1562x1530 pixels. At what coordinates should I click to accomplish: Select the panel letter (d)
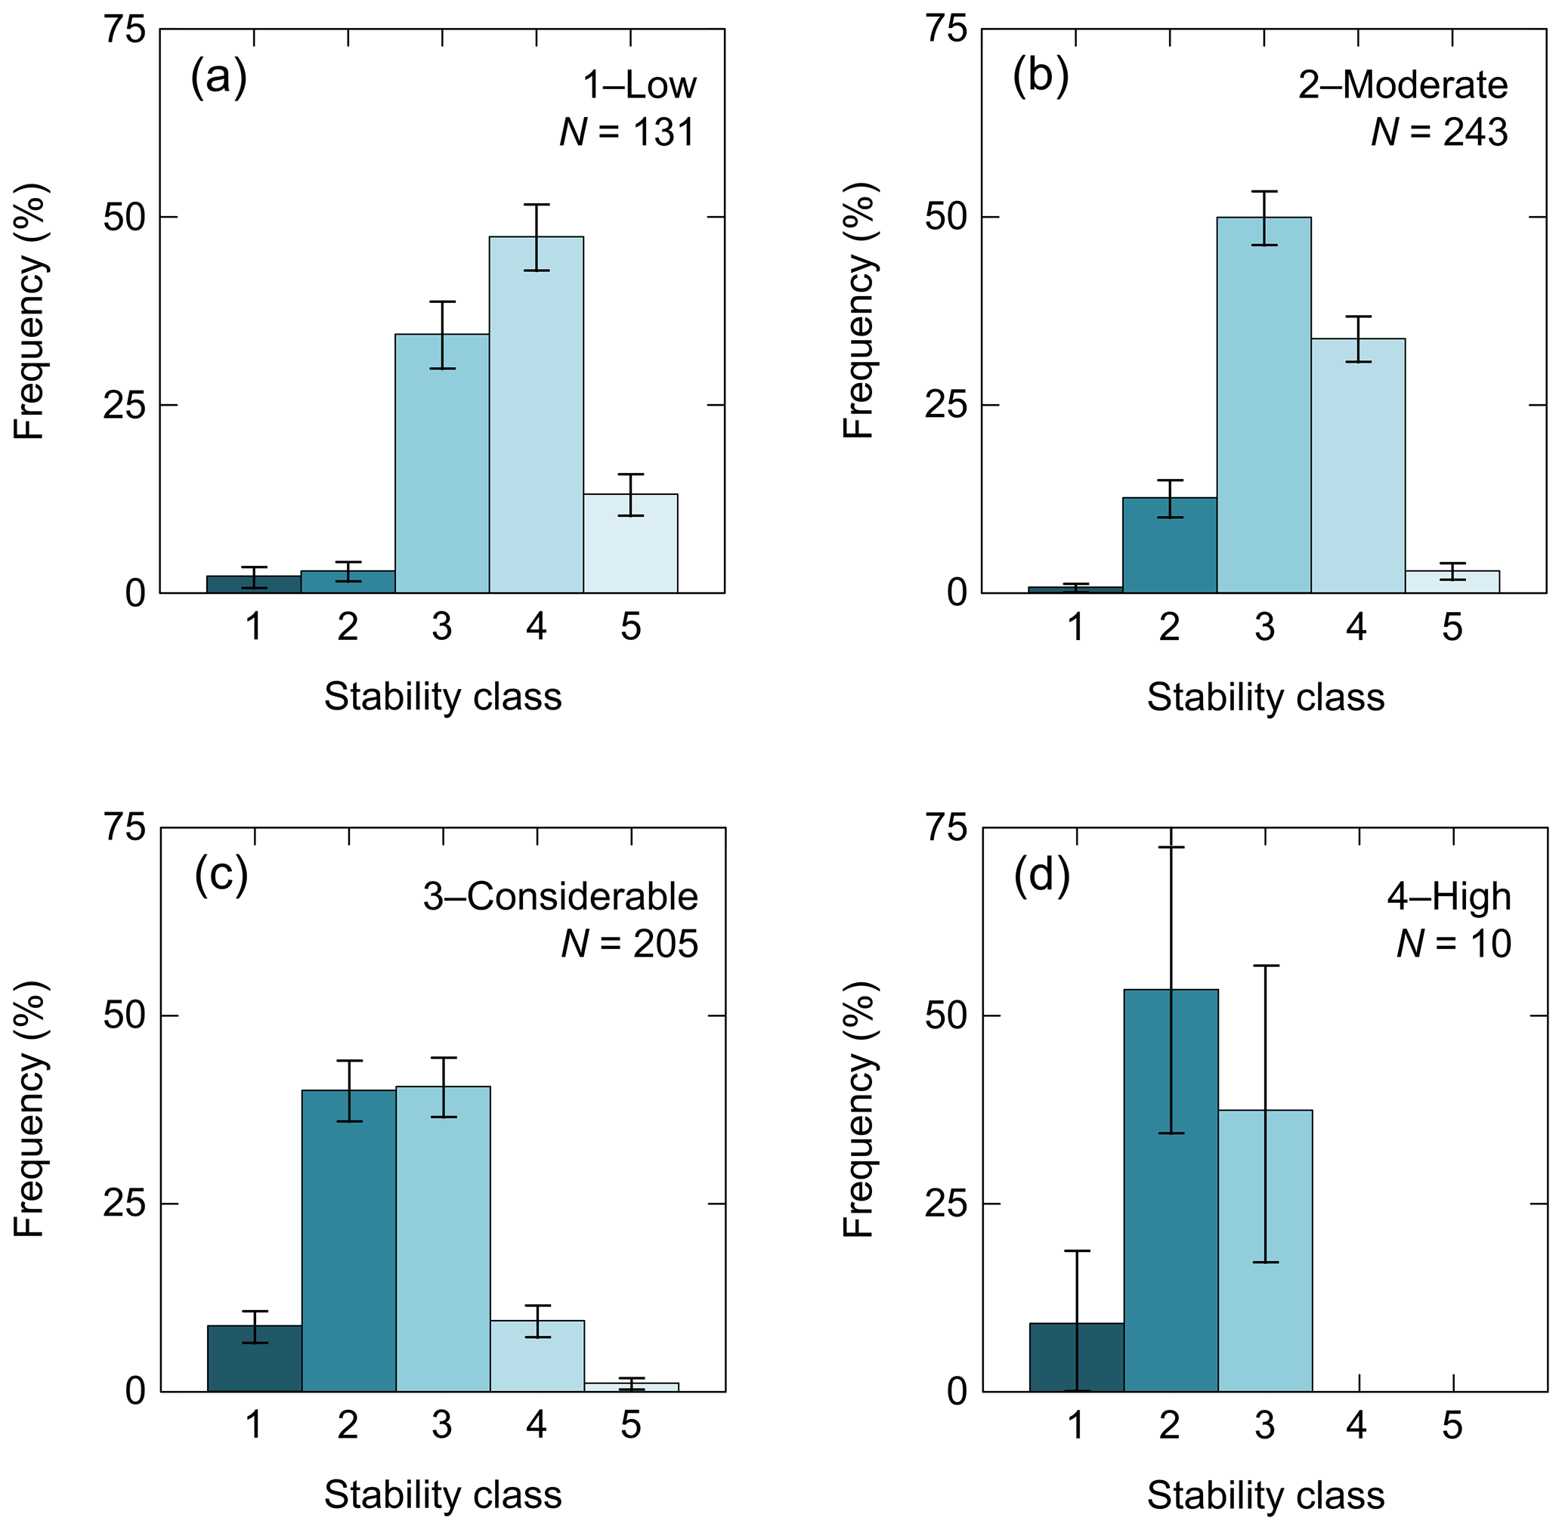click(1042, 876)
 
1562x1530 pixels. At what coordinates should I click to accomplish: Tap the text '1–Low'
click(639, 85)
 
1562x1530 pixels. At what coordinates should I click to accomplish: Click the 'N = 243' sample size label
click(1439, 131)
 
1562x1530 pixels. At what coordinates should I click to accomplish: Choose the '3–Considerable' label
click(560, 897)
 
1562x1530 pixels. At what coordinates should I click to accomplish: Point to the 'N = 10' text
click(1453, 944)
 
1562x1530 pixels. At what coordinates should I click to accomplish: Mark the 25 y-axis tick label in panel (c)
click(124, 1204)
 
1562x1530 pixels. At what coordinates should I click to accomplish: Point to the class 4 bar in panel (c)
click(537, 1356)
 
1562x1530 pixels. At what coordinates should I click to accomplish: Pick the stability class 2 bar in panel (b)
click(1169, 546)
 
